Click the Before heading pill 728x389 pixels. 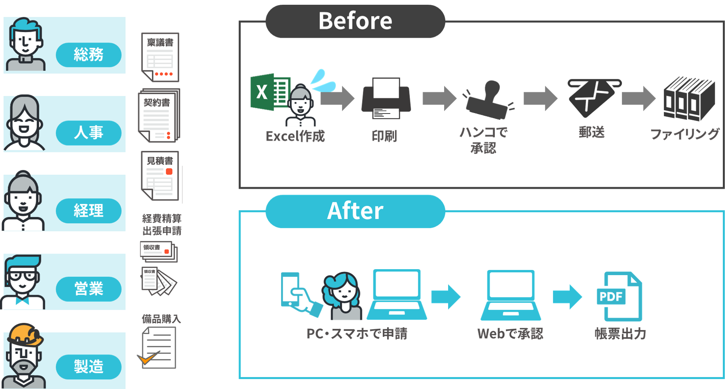[x=355, y=21]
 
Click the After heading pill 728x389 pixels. [x=355, y=211]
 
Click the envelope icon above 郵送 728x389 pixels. [x=593, y=97]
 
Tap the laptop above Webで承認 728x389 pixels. [x=511, y=295]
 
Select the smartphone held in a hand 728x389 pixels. [x=290, y=289]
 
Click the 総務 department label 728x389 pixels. [x=89, y=54]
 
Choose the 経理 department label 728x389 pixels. [x=89, y=210]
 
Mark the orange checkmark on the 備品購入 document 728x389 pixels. [x=147, y=358]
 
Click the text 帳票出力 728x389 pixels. [x=620, y=333]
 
